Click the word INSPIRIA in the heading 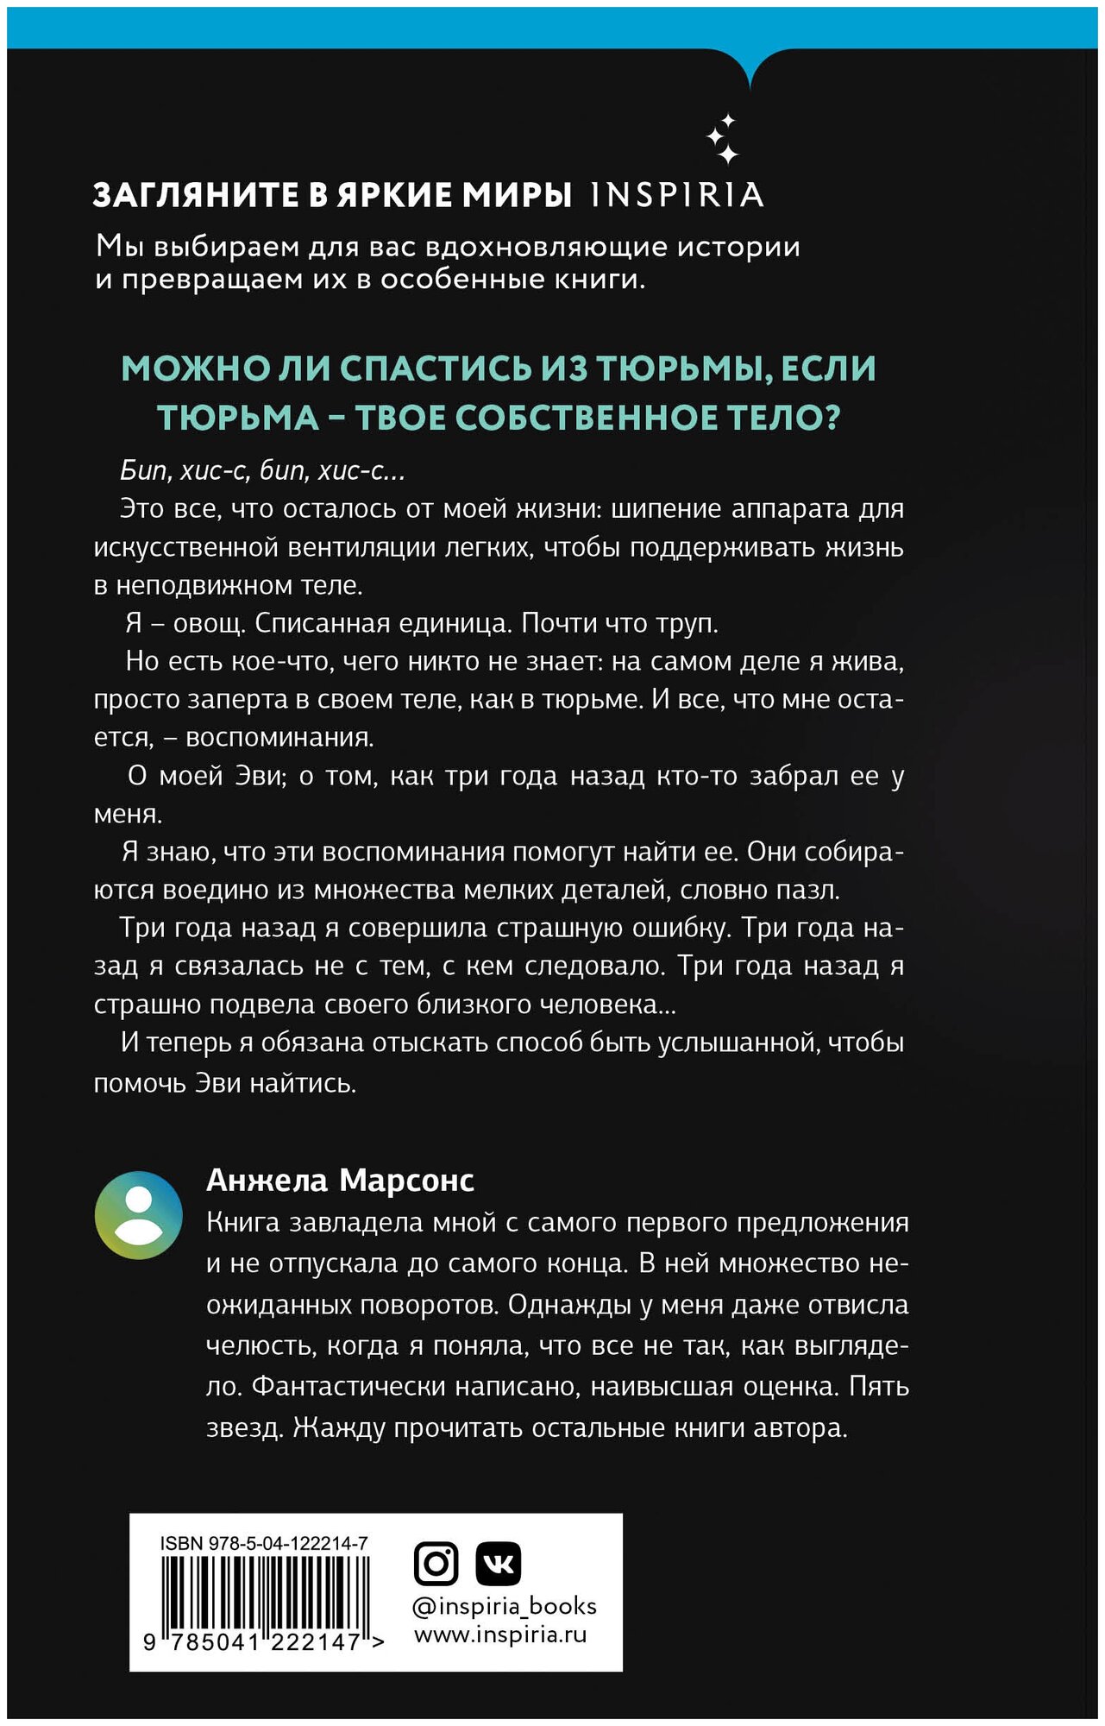677,195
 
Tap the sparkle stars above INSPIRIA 723,139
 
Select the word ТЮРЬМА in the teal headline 238,419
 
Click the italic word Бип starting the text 143,471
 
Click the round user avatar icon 138,1215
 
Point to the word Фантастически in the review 346,1386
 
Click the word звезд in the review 244,1427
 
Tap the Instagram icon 436,1563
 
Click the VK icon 499,1563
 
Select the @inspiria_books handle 505,1606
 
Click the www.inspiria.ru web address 500,1635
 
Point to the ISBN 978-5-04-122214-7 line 264,1543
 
